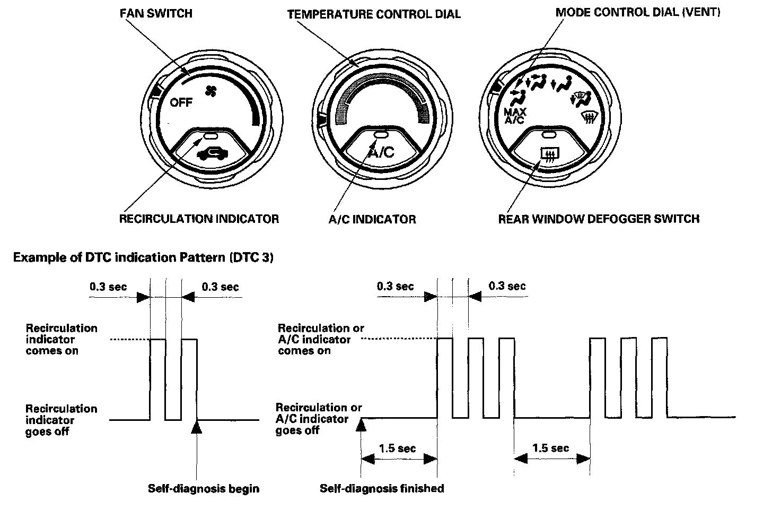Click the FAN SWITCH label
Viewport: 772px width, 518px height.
click(156, 13)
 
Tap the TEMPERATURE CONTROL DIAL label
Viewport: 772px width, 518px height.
click(374, 14)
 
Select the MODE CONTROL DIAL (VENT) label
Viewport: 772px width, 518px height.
click(638, 12)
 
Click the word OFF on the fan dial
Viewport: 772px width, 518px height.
click(181, 102)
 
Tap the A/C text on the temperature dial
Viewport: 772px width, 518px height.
click(381, 153)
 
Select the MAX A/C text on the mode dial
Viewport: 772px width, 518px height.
click(514, 116)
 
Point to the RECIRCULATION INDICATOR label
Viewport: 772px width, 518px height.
click(199, 219)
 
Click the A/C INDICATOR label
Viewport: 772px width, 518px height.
click(372, 219)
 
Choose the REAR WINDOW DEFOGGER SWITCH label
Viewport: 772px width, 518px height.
click(599, 219)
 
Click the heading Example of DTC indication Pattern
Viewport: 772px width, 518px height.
click(143, 258)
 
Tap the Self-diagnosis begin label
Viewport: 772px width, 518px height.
click(204, 488)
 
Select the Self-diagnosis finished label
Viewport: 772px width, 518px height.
click(382, 488)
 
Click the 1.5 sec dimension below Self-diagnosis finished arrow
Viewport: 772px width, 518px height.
click(398, 448)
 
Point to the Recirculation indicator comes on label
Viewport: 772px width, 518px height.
click(62, 339)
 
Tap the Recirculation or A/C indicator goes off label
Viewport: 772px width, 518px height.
click(318, 419)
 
